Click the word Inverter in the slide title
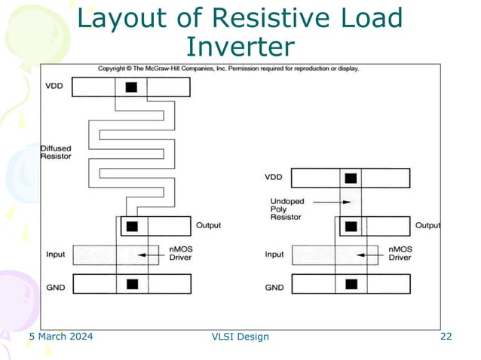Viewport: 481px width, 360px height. [x=240, y=47]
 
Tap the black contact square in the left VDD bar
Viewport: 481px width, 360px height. [x=132, y=87]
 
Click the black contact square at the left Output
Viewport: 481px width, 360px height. [x=132, y=226]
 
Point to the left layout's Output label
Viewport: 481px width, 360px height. [x=210, y=225]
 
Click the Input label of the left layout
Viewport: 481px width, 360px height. [x=56, y=255]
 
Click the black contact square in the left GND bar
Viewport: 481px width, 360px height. [x=132, y=285]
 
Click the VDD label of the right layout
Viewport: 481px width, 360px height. [x=274, y=178]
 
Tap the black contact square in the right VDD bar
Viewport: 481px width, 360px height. [x=351, y=178]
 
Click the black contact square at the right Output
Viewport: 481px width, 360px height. [x=351, y=225]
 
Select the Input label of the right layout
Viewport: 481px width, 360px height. [x=274, y=255]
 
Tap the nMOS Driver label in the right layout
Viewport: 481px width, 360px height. [x=400, y=253]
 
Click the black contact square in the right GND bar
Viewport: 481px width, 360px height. [x=351, y=285]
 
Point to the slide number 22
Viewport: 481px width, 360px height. [x=446, y=337]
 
